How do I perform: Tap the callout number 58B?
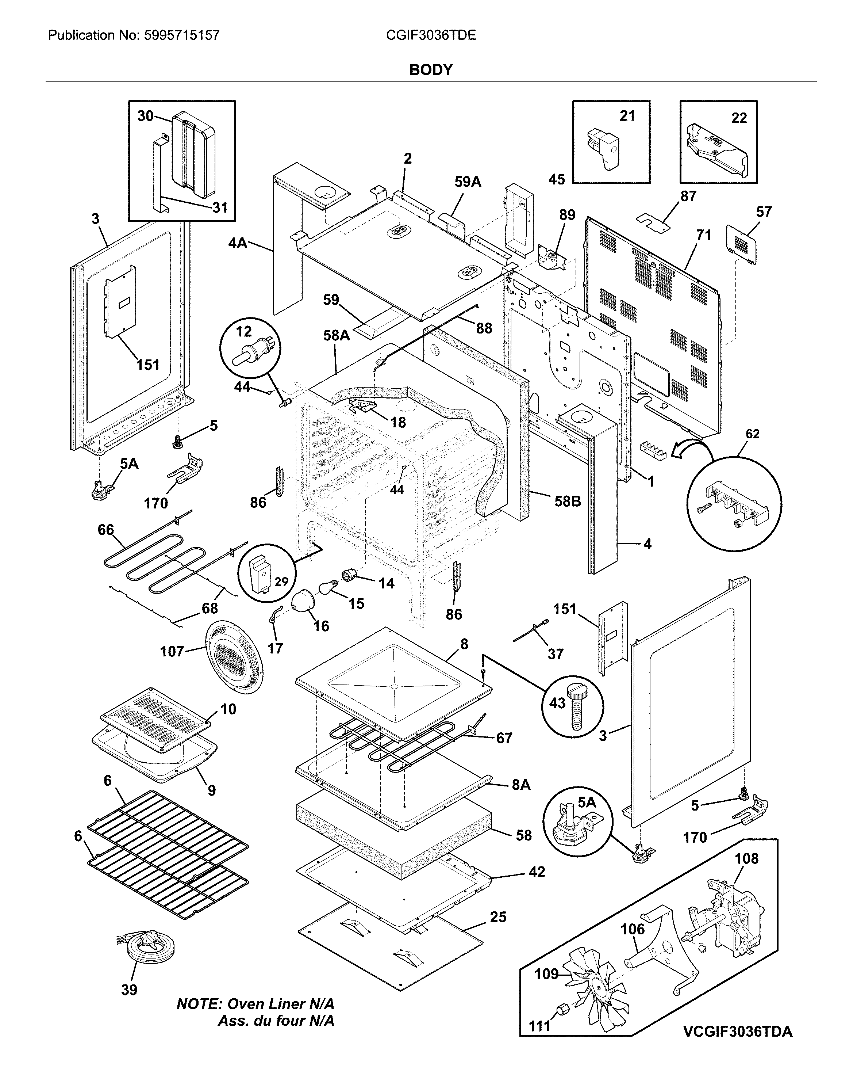coord(568,501)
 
